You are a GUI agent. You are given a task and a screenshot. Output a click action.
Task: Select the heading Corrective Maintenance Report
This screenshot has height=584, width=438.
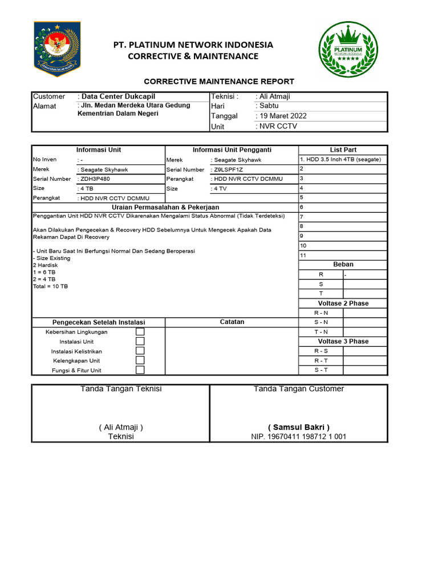(219, 82)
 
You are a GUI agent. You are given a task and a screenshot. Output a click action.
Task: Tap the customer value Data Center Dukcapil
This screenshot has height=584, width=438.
(118, 96)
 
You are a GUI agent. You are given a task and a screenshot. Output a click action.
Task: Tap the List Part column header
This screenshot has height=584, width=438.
(343, 149)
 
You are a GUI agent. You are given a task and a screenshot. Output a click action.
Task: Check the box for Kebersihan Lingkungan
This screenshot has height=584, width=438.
(140, 332)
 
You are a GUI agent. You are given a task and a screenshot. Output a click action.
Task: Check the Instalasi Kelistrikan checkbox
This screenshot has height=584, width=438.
(140, 351)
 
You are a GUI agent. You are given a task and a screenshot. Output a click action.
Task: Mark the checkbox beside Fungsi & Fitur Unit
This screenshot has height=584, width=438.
(140, 370)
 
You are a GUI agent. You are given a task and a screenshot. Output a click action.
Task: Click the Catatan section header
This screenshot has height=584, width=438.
(232, 322)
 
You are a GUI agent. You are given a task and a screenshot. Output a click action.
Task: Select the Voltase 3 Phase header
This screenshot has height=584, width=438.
(343, 341)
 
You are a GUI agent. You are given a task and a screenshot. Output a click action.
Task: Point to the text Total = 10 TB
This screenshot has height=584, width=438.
(51, 286)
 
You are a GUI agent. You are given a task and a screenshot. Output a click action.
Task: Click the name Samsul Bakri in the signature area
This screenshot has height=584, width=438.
(299, 427)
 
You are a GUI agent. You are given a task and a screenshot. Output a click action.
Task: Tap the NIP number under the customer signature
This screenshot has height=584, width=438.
(299, 437)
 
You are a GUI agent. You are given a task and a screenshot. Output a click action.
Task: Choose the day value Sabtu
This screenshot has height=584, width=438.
(269, 106)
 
